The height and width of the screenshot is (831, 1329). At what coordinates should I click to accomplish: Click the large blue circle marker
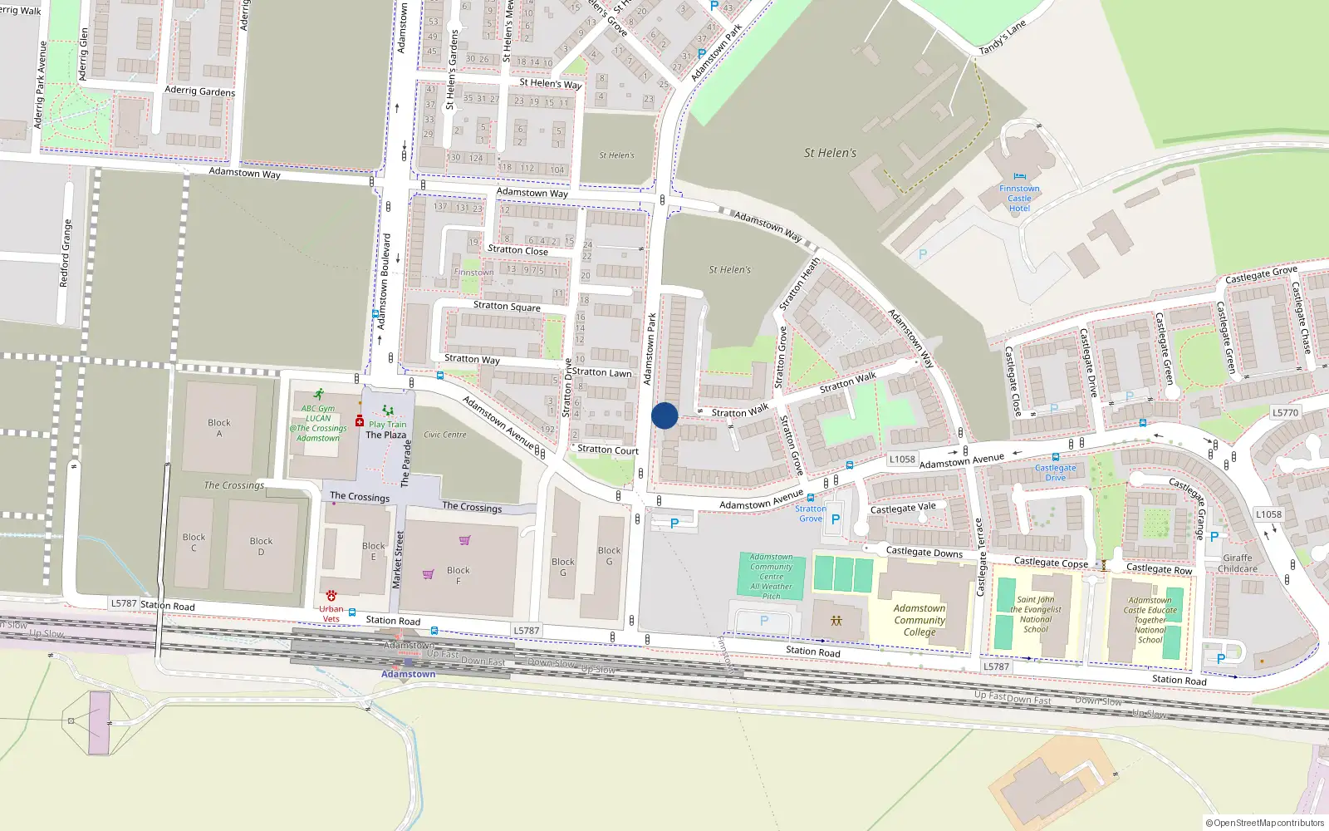(x=664, y=415)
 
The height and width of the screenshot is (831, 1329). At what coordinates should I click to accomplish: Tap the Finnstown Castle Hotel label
(x=1019, y=199)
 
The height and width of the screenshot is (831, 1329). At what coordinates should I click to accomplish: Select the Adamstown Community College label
(x=920, y=620)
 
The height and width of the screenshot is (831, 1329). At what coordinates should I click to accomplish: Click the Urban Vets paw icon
(x=331, y=596)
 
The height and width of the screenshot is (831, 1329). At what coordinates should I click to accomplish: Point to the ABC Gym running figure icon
(x=319, y=394)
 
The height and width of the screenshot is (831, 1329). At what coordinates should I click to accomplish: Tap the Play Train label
(x=388, y=425)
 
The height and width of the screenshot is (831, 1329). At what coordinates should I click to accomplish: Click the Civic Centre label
(x=445, y=435)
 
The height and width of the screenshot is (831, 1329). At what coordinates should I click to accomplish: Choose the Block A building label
(x=219, y=428)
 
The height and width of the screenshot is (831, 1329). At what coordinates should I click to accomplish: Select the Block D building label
(x=261, y=546)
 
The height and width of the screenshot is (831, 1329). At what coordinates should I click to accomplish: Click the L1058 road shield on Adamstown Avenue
(x=902, y=459)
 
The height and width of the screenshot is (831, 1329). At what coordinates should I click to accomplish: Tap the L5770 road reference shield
(x=1285, y=412)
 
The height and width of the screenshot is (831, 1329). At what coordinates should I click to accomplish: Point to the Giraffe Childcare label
(x=1238, y=563)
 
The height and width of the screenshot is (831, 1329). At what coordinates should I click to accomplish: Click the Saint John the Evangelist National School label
(x=1036, y=614)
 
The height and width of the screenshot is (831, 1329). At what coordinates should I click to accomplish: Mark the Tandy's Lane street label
(x=1003, y=37)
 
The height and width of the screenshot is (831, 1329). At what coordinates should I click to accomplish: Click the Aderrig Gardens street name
(x=199, y=91)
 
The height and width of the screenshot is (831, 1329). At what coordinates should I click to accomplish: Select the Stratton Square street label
(x=507, y=306)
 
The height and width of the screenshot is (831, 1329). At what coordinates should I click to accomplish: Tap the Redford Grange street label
(x=66, y=253)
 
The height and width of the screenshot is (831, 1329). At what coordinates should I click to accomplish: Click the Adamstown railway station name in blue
(x=409, y=674)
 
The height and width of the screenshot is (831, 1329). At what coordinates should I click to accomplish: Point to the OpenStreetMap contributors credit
(x=1265, y=824)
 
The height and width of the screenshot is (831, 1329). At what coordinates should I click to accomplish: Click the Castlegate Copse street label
(x=1051, y=563)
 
